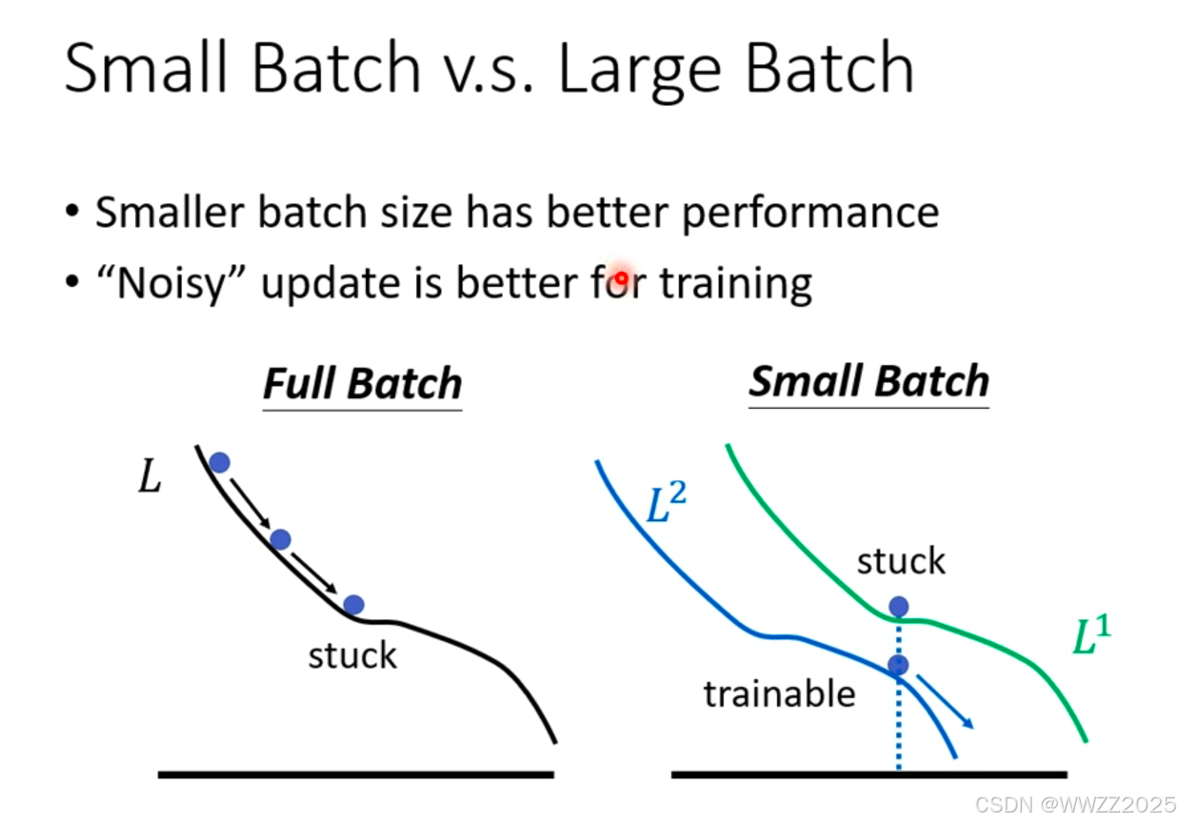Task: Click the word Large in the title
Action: pos(640,71)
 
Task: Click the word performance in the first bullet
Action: pos(811,213)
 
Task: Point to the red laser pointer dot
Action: pos(621,277)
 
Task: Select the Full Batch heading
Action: pos(362,384)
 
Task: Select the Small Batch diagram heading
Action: pos(869,382)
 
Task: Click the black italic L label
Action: pos(149,475)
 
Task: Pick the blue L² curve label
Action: pos(666,503)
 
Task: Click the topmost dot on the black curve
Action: pos(220,462)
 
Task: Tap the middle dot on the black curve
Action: pos(280,539)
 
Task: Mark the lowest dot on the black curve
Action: pos(354,605)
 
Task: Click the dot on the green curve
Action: pos(899,607)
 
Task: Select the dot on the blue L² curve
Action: pos(898,665)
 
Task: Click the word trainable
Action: pos(780,694)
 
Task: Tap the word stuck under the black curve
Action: pos(353,655)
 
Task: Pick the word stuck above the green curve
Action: pos(901,561)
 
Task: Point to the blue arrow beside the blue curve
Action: pos(945,702)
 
